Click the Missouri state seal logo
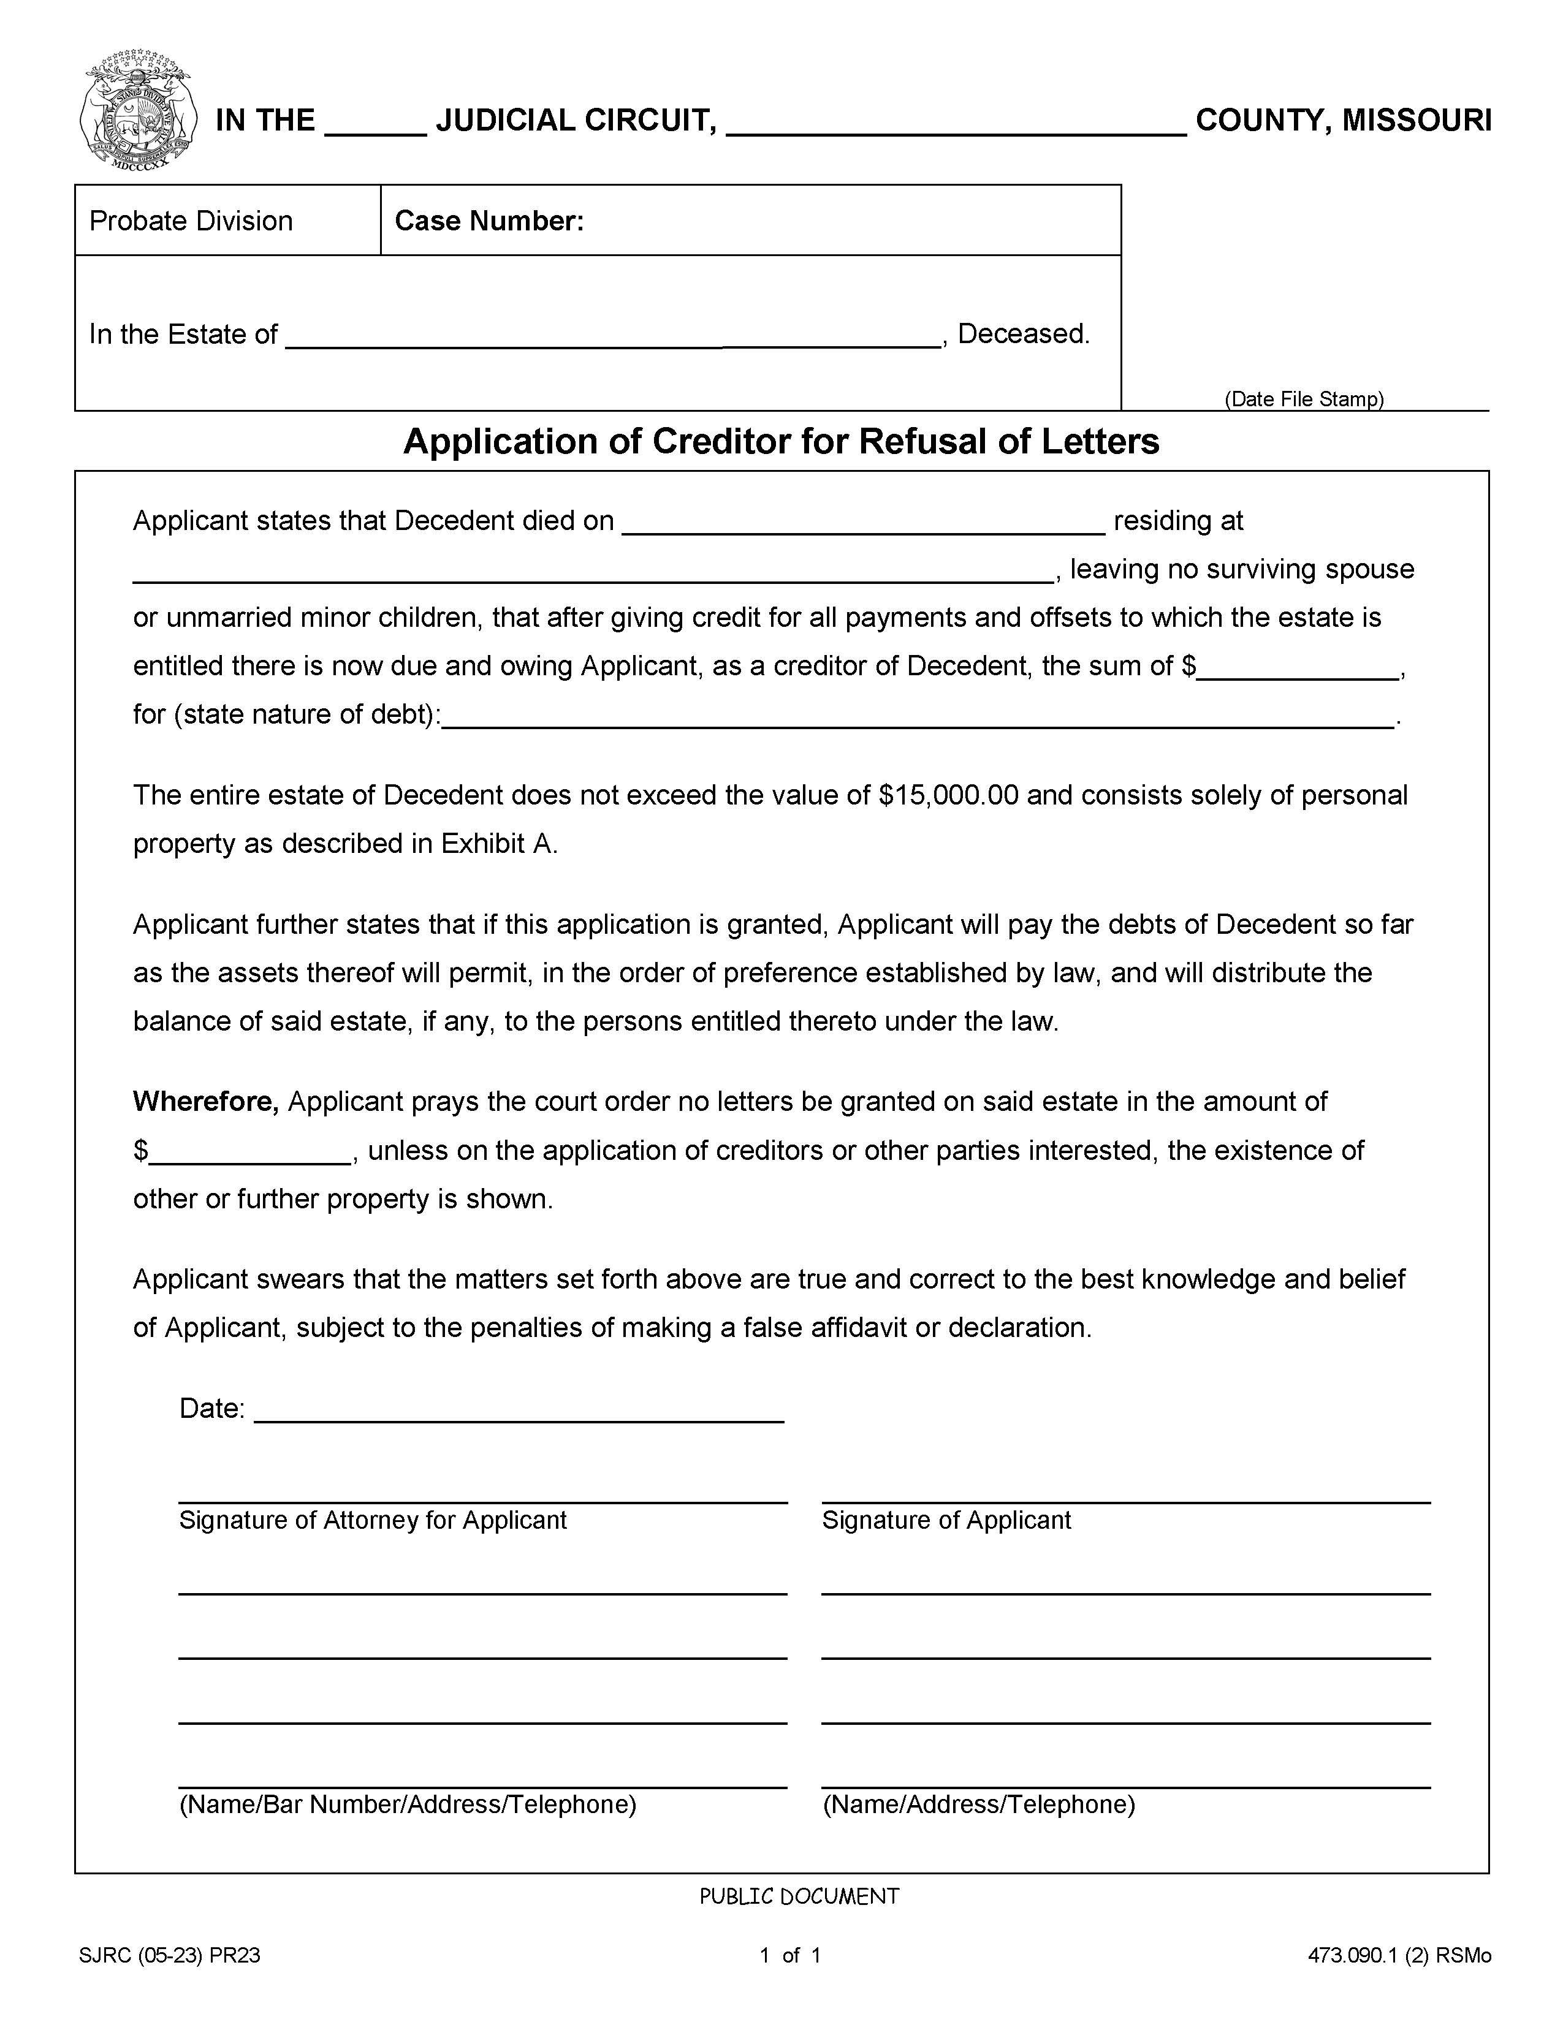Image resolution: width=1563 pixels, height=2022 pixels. tap(137, 109)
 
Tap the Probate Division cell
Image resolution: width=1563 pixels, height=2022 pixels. tap(191, 221)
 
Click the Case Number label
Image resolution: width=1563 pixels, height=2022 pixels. tap(489, 221)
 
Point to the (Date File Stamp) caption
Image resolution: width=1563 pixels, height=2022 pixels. tap(1304, 399)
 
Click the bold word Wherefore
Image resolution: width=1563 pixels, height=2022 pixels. tap(205, 1101)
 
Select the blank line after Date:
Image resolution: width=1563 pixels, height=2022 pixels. tap(519, 1411)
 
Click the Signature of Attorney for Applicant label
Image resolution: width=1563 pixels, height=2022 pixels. tap(372, 1520)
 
